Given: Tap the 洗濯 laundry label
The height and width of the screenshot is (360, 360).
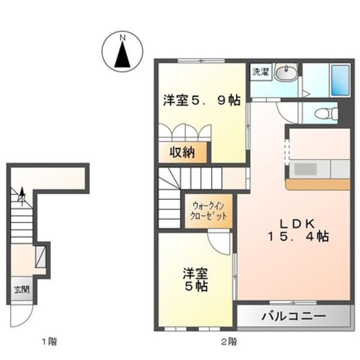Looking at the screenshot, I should [259, 71].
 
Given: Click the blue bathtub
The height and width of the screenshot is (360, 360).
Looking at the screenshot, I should [340, 80].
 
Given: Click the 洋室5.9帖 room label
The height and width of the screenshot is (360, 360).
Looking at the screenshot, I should [201, 100].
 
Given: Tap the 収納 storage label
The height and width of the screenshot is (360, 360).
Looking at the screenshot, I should [181, 153].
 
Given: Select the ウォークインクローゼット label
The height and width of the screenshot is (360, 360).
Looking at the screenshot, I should [208, 211].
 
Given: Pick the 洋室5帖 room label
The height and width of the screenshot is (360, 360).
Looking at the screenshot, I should [195, 280].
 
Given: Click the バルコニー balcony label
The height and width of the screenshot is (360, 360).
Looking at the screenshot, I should [293, 317].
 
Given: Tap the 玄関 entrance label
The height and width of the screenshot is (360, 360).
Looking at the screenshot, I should [21, 288].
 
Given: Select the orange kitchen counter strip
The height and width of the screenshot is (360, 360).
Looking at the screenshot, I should [317, 184].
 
